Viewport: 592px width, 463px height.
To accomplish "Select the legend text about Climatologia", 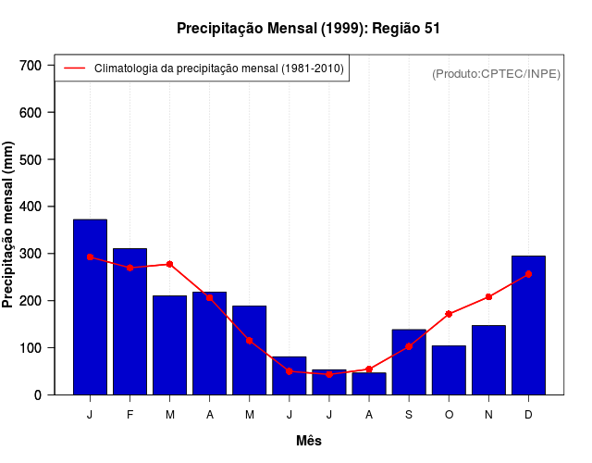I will click(x=219, y=69).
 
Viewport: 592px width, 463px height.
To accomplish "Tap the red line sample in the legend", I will click(x=74, y=69).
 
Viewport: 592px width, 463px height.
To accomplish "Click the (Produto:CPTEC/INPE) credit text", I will click(x=496, y=73).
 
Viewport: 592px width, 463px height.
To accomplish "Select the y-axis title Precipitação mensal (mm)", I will click(x=9, y=225).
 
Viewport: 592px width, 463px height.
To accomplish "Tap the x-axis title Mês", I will click(x=309, y=441).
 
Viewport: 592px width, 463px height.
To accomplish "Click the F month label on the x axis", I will click(x=130, y=415).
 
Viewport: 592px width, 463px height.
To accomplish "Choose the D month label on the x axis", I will click(x=528, y=415).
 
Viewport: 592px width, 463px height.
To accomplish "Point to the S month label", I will click(x=409, y=415).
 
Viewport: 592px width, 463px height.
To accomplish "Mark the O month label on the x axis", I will click(x=449, y=415).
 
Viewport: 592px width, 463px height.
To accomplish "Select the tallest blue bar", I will click(x=90, y=307).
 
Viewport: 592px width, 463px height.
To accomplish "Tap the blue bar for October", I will click(x=449, y=369).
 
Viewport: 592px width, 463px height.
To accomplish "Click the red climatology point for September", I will click(x=409, y=346).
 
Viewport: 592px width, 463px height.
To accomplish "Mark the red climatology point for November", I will click(x=488, y=297).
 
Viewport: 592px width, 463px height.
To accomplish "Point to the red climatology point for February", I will click(x=130, y=268).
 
